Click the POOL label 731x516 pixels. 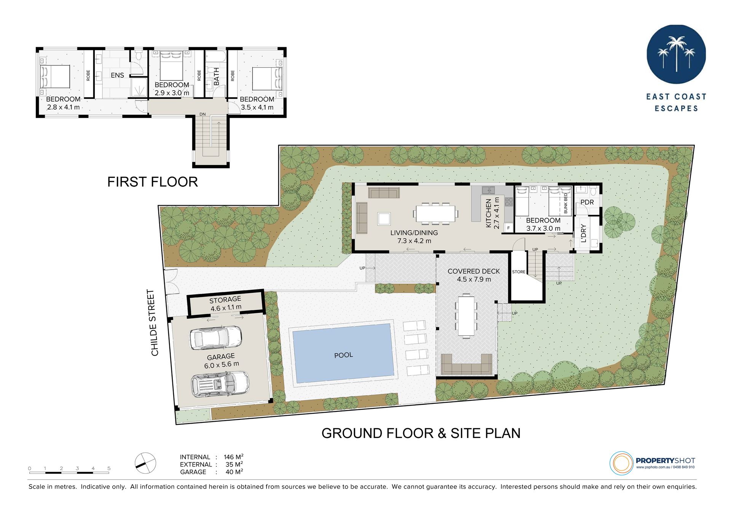tap(343, 355)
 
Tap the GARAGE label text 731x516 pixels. tap(221, 357)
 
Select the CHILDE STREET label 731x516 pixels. tap(154, 323)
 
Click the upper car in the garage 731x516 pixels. tap(216, 337)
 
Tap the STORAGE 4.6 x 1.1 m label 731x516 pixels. tap(225, 303)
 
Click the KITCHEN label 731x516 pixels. tap(488, 213)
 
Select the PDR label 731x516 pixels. tap(587, 202)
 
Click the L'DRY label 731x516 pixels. tap(584, 233)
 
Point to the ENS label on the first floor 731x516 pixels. tap(117, 75)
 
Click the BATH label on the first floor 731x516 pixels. tap(216, 76)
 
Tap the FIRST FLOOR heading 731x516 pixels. tap(153, 182)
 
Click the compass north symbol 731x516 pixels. tap(145, 463)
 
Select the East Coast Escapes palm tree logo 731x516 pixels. tap(676, 54)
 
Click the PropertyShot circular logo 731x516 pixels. tap(621, 463)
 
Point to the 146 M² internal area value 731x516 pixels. tap(233, 457)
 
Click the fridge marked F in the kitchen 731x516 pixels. tap(509, 228)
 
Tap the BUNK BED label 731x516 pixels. tap(566, 203)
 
